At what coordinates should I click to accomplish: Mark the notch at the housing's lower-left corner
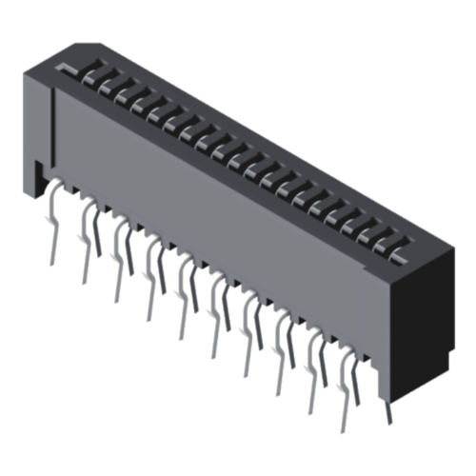click(x=36, y=175)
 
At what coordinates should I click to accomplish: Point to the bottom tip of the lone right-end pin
click(x=388, y=423)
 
